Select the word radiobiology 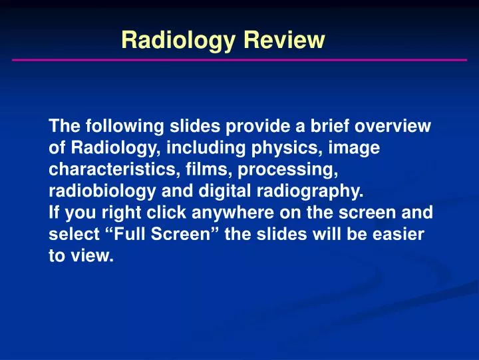tap(99, 191)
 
